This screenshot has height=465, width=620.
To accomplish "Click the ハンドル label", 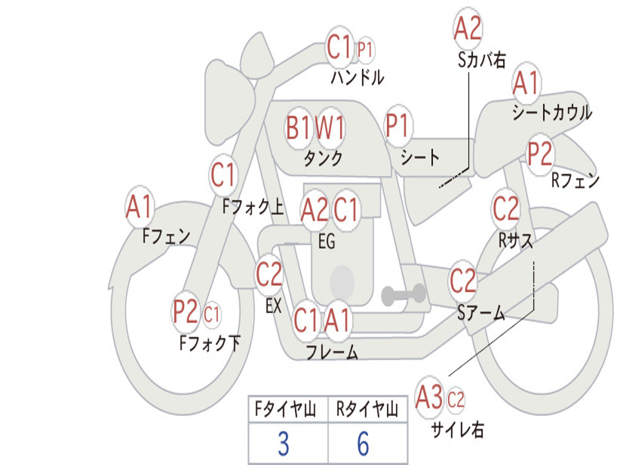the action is [357, 77].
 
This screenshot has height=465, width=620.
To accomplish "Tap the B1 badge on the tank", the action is [299, 128].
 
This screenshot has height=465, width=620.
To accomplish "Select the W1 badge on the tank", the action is [331, 128].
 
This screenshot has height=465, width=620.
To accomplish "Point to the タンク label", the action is [323, 159].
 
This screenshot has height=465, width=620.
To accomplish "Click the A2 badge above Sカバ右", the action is [468, 28].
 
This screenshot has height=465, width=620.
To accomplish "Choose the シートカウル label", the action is [552, 113].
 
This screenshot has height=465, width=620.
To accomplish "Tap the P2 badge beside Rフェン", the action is [539, 154].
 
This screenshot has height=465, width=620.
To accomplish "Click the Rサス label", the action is [516, 240].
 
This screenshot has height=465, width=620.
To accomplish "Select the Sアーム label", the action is [481, 312].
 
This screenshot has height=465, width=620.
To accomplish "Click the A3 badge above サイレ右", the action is [429, 398].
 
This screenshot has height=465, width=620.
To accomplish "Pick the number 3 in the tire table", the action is [283, 444].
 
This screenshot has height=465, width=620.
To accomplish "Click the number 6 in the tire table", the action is [363, 444].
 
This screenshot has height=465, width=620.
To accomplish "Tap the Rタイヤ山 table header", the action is [367, 411].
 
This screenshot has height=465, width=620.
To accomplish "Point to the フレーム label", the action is [332, 352].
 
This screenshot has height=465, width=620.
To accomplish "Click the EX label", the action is [273, 306].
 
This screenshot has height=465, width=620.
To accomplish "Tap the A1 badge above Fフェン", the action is [140, 207].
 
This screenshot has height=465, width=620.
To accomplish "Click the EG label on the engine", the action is [326, 242].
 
